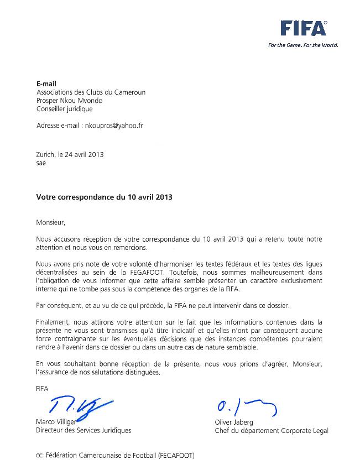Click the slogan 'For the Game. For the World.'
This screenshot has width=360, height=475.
[x=302, y=45]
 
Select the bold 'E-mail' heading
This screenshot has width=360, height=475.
[x=46, y=84]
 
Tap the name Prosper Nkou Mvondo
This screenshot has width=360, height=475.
[x=69, y=101]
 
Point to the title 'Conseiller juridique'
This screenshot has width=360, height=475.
[x=64, y=109]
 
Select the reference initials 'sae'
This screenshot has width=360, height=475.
[x=41, y=163]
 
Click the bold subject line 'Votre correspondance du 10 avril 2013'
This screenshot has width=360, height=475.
[x=105, y=196]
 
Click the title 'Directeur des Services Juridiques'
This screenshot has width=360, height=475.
[x=84, y=430]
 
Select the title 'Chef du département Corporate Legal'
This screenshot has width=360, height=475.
[x=272, y=430]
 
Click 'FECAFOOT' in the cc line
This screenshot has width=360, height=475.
[x=176, y=456]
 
